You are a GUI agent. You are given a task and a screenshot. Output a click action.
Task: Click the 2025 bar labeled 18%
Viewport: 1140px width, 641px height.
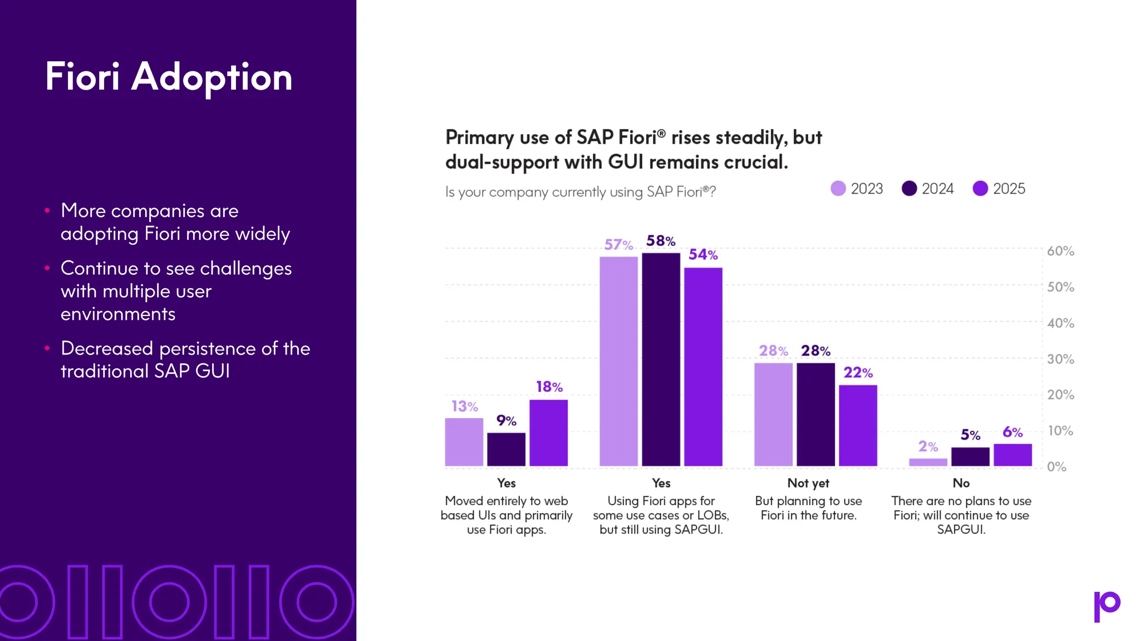[548, 433]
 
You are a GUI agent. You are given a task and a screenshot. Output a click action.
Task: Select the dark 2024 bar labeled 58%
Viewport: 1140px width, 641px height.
[661, 359]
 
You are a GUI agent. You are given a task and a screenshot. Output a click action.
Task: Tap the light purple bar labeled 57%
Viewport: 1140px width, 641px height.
[618, 362]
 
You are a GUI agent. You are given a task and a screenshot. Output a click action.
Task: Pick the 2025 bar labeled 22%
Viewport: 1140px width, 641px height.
[858, 426]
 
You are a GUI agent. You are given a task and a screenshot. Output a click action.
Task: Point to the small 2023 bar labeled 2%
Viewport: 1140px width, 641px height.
[928, 462]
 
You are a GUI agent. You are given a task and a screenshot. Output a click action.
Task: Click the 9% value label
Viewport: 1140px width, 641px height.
[506, 421]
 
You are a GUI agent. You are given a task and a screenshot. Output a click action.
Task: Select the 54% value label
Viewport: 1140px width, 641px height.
[703, 255]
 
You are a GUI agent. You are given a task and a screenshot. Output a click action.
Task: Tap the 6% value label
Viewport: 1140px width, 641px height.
[1013, 432]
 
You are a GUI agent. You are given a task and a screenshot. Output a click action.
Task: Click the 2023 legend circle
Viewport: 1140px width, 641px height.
[838, 189]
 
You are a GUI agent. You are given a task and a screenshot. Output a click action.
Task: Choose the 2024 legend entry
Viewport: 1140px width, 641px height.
[928, 189]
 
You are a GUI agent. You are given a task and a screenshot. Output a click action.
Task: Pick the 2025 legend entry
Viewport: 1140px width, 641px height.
[999, 189]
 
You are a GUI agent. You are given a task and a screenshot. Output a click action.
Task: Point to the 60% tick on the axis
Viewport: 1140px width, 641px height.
[1060, 251]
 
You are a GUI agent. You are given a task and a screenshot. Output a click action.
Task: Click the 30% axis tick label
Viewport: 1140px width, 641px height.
[1060, 359]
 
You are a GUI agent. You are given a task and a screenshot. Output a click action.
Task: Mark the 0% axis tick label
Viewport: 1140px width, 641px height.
[1057, 467]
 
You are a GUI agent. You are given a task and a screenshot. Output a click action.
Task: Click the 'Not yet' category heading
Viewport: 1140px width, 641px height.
[808, 483]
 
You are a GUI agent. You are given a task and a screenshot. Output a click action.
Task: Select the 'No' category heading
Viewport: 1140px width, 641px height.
[961, 483]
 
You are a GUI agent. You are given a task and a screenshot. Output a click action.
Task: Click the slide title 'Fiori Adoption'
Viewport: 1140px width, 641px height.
[169, 77]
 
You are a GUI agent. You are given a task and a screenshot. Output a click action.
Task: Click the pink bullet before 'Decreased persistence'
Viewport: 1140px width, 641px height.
[47, 348]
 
